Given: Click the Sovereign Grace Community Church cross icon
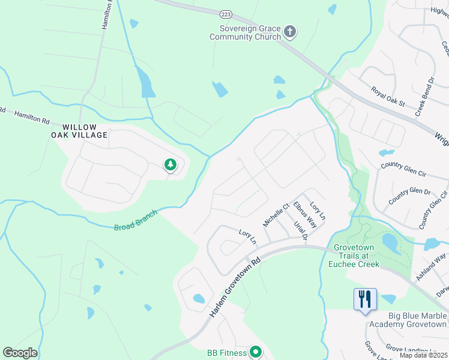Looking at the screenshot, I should (x=290, y=31).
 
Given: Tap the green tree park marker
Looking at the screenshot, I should (x=170, y=164).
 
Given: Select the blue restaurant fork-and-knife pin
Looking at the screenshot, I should (x=365, y=299).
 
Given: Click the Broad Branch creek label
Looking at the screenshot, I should (x=136, y=220).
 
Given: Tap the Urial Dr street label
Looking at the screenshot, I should (x=300, y=231).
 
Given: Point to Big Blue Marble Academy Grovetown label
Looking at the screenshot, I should (x=408, y=320).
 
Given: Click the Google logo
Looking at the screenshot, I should (x=20, y=353).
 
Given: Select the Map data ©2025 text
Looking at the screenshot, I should (x=423, y=355).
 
